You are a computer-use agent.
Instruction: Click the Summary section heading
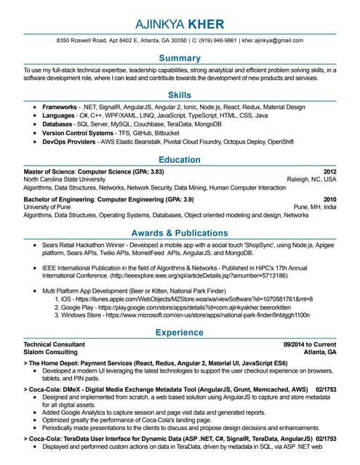point(180,57)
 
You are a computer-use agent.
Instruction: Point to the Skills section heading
point(180,95)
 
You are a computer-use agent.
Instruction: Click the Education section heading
point(180,159)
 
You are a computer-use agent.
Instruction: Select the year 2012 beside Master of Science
point(329,171)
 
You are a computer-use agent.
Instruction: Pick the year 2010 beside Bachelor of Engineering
point(329,199)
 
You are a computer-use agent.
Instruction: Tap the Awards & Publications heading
point(180,233)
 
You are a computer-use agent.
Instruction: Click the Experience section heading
point(180,333)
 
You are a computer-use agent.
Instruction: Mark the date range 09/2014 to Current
point(310,344)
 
